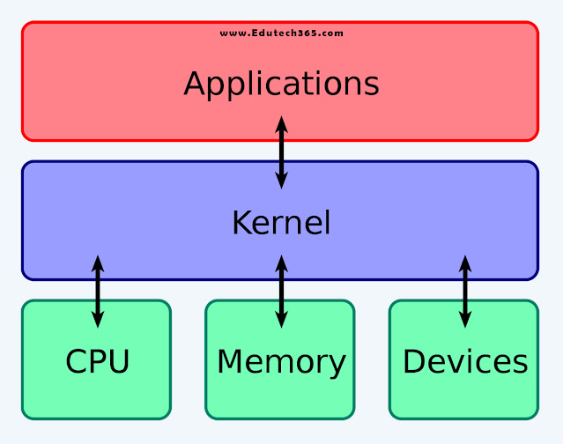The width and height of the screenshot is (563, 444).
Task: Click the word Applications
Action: [281, 85]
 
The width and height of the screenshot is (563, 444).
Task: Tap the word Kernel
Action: [281, 223]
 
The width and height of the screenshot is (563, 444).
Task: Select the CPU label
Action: [97, 361]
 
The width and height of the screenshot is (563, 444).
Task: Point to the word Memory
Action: [281, 361]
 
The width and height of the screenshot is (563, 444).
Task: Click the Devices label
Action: [465, 361]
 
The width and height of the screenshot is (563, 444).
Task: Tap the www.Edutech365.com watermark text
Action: [282, 33]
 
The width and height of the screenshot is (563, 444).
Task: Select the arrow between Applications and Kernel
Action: [281, 152]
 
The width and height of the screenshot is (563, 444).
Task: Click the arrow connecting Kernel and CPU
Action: [98, 291]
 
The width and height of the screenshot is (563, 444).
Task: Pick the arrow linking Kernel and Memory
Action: [281, 291]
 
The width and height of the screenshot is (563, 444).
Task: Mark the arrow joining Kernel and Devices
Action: [465, 291]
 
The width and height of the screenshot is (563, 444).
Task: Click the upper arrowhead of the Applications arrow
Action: [281, 124]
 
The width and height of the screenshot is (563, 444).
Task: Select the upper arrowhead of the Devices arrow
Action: [465, 263]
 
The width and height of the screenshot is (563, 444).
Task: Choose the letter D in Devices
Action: [414, 361]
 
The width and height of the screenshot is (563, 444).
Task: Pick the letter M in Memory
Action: [231, 361]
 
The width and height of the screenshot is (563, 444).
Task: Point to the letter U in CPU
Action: [119, 361]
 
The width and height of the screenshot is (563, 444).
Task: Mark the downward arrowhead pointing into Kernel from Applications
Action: [281, 181]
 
